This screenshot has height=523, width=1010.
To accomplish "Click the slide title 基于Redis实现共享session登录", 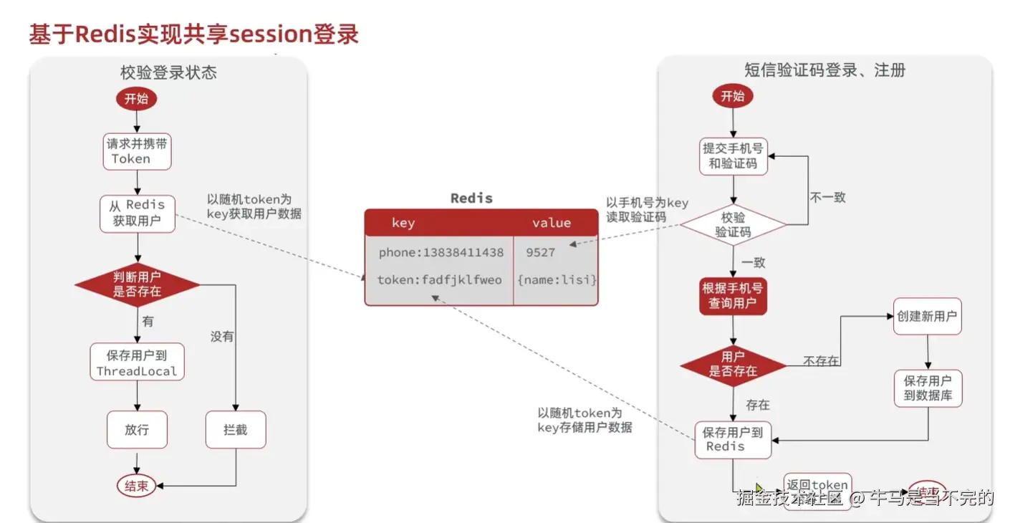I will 193,34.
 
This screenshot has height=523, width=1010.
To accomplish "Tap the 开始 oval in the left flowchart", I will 136,99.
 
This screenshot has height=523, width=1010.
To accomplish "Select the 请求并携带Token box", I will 136,150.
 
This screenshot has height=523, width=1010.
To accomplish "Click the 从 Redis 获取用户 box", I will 136,213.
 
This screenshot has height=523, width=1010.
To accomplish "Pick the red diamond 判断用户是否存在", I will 137,284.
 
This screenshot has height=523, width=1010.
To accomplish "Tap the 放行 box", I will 136,430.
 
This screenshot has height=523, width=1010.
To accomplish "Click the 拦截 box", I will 236,430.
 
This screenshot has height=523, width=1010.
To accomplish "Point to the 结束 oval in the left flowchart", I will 136,486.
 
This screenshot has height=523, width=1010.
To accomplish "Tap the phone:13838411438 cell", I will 441,253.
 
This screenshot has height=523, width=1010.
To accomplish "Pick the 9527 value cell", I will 540,253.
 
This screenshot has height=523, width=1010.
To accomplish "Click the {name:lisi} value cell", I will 557,279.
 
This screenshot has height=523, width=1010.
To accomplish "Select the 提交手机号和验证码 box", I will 732,155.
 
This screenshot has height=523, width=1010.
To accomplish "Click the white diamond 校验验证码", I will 732,224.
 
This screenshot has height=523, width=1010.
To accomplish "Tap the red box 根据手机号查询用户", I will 732,296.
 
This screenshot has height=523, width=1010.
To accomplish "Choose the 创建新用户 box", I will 927,316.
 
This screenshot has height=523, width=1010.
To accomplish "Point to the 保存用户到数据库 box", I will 928,388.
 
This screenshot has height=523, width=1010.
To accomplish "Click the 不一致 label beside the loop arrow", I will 827,196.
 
